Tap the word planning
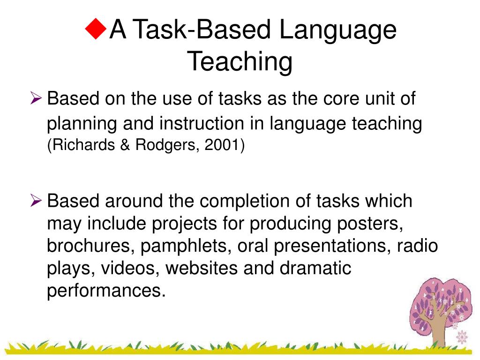(x=81, y=125)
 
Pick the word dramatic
(x=315, y=269)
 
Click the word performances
(x=106, y=291)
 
